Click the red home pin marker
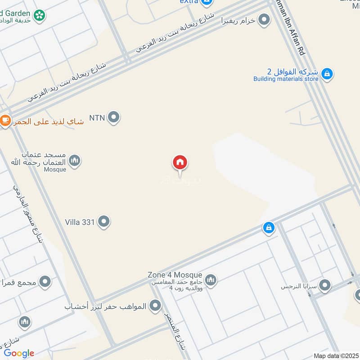click(x=180, y=163)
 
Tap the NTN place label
click(x=97, y=118)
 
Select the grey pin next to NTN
click(x=114, y=117)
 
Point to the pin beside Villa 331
click(x=104, y=221)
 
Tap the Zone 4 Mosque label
click(x=175, y=275)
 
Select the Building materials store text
click(x=286, y=79)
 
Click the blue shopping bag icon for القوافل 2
click(x=327, y=73)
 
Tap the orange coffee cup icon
click(x=5, y=121)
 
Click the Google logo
click(x=19, y=354)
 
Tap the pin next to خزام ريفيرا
click(x=264, y=20)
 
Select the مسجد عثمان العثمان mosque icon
click(x=75, y=160)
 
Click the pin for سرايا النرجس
click(x=324, y=285)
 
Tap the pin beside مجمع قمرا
click(x=45, y=283)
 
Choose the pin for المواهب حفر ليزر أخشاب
click(x=155, y=306)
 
